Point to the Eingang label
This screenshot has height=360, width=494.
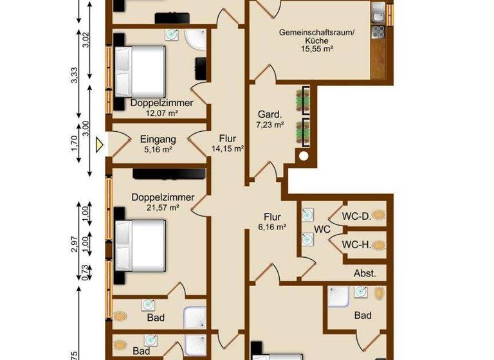158,138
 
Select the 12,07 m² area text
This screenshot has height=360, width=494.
161,113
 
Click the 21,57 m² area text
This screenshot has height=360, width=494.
161,208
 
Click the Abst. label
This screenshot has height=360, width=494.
365,273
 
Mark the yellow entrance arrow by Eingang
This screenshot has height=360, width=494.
99,145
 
